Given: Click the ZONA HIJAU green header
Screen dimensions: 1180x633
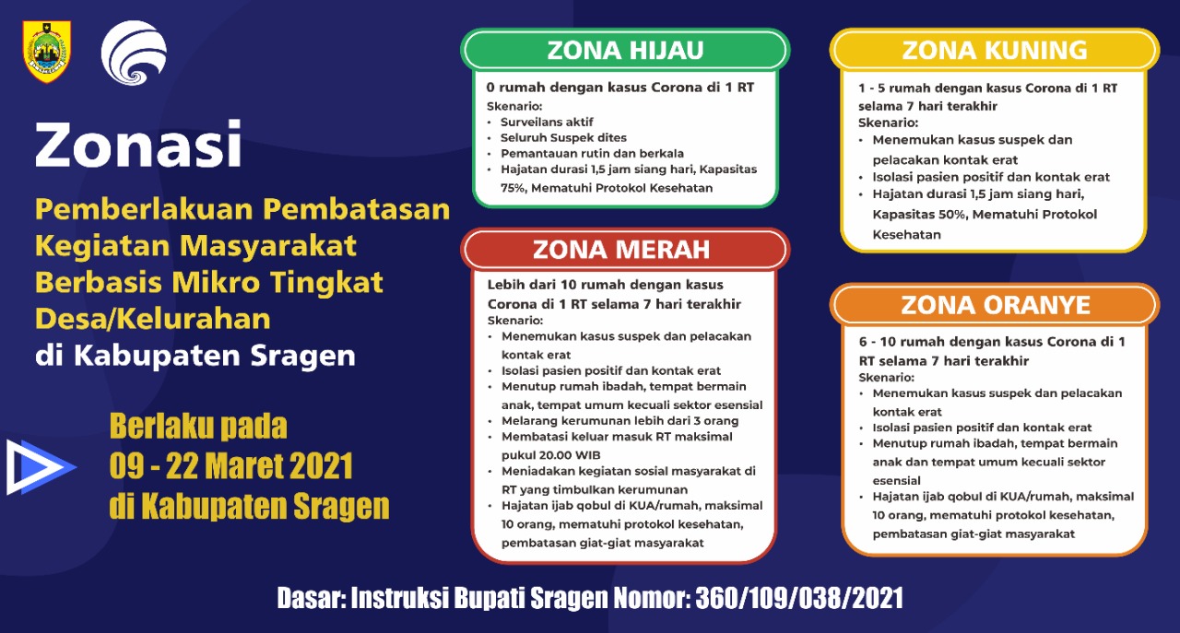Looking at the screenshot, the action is click(625, 50).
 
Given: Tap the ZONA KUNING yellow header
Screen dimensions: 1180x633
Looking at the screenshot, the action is click(995, 50).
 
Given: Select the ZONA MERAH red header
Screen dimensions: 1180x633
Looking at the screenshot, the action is click(625, 249).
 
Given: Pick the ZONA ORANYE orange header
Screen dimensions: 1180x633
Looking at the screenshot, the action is click(995, 305).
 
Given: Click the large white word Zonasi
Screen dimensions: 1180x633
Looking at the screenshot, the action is click(138, 145).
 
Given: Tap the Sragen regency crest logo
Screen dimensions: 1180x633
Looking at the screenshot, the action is click(47, 51).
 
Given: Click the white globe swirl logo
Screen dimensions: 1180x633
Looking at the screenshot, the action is click(134, 53).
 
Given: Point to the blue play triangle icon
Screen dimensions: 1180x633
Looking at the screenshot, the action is click(40, 467).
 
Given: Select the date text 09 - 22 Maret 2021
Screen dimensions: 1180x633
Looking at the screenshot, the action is click(231, 466).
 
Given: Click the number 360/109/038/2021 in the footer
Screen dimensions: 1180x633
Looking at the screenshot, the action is click(799, 598).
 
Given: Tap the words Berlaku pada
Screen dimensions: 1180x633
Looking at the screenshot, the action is click(198, 426).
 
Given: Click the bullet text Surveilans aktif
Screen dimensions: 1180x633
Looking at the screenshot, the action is click(547, 123).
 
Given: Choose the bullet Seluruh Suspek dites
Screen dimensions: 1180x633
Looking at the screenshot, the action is click(563, 138).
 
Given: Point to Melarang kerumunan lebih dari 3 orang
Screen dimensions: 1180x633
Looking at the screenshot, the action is click(620, 421).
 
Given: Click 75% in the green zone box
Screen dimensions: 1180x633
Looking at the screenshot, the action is click(513, 188).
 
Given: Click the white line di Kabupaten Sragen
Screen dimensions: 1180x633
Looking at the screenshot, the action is click(195, 356).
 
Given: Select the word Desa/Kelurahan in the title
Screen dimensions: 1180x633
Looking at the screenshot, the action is click(153, 319).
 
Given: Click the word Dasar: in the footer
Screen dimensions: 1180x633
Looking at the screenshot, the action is click(312, 598).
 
